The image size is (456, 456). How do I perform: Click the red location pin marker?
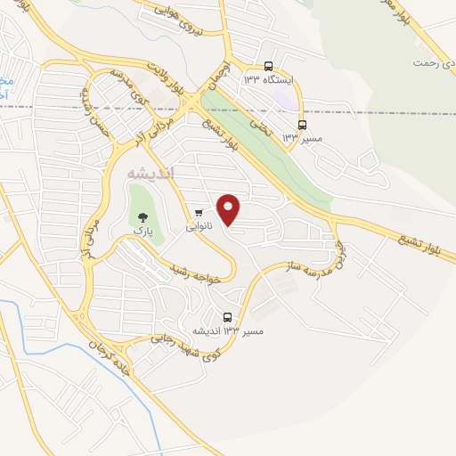229,210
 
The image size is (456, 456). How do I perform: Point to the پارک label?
142,231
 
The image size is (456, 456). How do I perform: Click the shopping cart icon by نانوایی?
198,212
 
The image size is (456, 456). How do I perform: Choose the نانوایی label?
199,227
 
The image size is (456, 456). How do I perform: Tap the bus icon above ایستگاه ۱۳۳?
269,65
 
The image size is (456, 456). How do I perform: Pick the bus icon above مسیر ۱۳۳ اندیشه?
228,317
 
